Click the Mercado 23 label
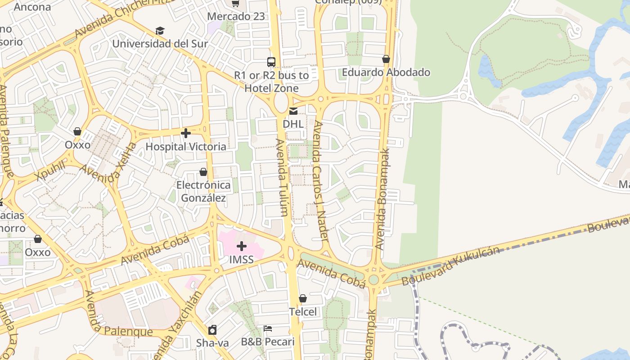pyautogui.click(x=236, y=17)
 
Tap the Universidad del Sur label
pyautogui.click(x=160, y=44)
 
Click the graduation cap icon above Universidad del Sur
pyautogui.click(x=160, y=31)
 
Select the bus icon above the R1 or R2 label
pyautogui.click(x=271, y=62)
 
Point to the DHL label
pyautogui.click(x=293, y=123)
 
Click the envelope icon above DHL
pyautogui.click(x=293, y=111)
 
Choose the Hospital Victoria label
pyautogui.click(x=186, y=147)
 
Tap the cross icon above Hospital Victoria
pyautogui.click(x=185, y=133)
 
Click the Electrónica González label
pyautogui.click(x=203, y=191)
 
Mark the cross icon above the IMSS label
pyautogui.click(x=242, y=246)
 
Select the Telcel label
pyautogui.click(x=303, y=312)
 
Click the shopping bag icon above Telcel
pyautogui.click(x=303, y=298)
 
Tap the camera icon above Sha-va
pyautogui.click(x=212, y=330)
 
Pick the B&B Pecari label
pyautogui.click(x=268, y=342)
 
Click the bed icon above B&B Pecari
pyautogui.click(x=268, y=328)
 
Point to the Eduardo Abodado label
pyautogui.click(x=386, y=72)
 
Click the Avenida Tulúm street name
pyautogui.click(x=282, y=177)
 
